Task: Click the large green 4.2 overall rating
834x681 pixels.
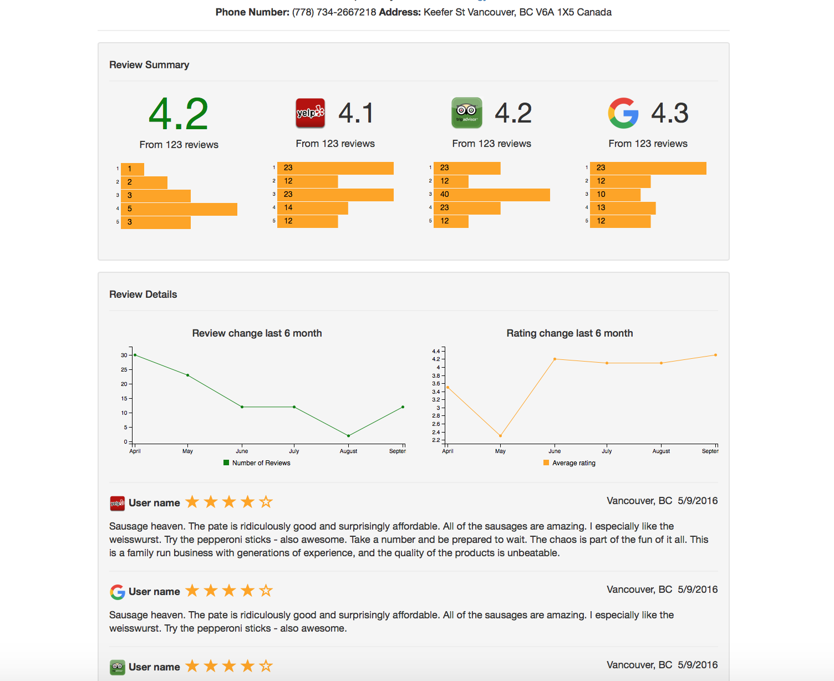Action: click(179, 114)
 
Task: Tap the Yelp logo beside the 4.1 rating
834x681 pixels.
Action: click(310, 113)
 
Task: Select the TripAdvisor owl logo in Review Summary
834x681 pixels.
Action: click(466, 113)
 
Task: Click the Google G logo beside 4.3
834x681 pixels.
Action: click(623, 113)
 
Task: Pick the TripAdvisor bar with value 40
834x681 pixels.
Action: click(491, 195)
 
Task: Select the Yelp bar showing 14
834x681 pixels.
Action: click(312, 208)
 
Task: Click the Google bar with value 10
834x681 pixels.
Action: click(614, 195)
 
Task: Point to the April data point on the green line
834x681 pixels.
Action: click(135, 355)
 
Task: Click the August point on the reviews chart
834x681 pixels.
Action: click(348, 436)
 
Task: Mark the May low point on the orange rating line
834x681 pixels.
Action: click(500, 436)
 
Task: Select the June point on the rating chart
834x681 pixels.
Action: click(555, 359)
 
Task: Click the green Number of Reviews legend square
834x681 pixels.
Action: click(226, 463)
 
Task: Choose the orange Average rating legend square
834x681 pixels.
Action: click(546, 463)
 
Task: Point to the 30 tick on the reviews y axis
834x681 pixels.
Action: click(124, 355)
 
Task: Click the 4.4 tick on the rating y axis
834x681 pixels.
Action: click(436, 351)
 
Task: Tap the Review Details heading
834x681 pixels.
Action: click(143, 294)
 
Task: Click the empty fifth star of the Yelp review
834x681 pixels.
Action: click(266, 502)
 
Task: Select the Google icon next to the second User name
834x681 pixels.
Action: click(117, 592)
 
